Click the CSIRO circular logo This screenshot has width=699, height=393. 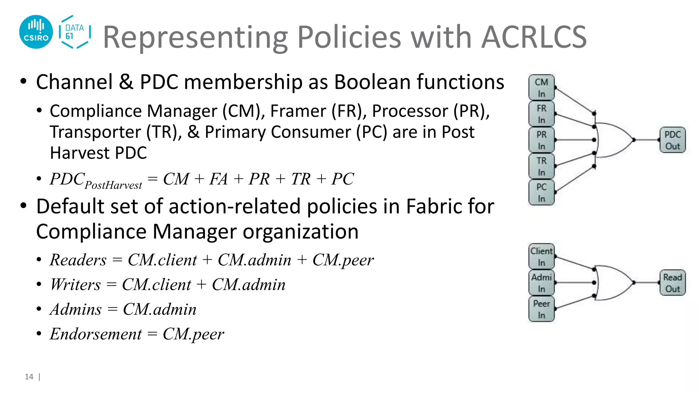point(36,32)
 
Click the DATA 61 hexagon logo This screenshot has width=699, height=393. point(74,32)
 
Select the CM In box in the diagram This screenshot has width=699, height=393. point(541,88)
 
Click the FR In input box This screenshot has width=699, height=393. point(541,114)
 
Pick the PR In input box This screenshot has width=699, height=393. point(541,140)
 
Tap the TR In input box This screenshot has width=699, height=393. point(541,166)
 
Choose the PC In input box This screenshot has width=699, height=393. point(541,192)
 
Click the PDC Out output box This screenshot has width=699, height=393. point(672,140)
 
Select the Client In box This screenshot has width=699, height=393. point(541,257)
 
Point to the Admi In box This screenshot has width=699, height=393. point(541,283)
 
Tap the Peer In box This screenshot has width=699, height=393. point(541,309)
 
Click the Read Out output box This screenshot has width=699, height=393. point(672,283)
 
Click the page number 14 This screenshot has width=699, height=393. point(29,377)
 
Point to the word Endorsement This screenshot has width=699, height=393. point(96,334)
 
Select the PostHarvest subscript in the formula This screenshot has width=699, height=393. point(113,185)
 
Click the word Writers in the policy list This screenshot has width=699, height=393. point(75,285)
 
